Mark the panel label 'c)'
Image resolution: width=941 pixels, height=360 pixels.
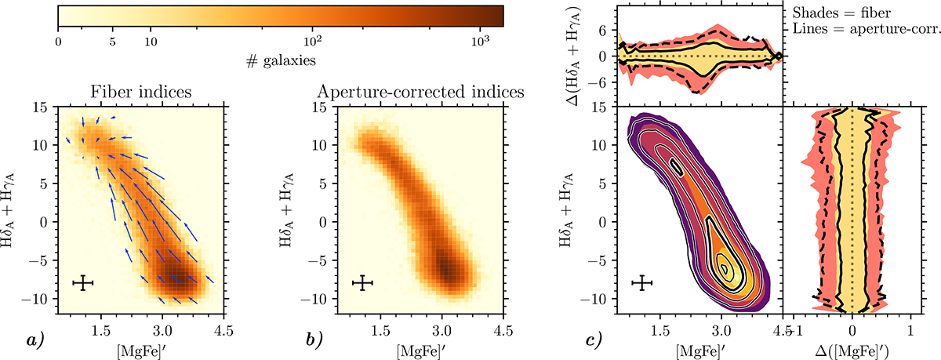[x=593, y=340]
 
